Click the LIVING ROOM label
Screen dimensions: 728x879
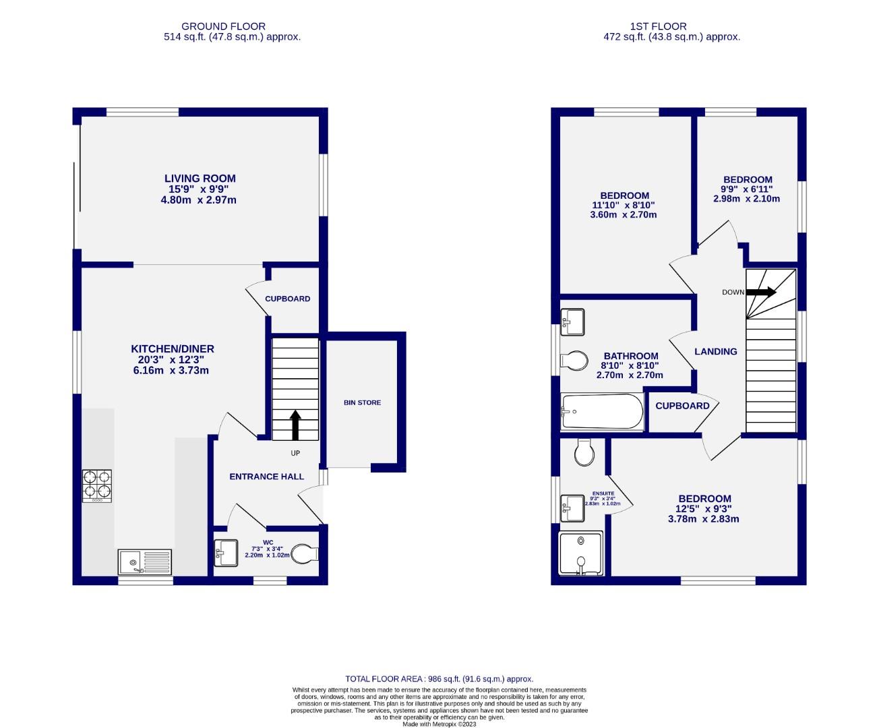pos(200,179)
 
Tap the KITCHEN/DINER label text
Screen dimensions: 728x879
pos(173,348)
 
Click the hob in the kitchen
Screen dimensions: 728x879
pos(97,485)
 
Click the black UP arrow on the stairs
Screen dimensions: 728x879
pos(295,425)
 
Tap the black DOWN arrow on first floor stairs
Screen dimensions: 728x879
pos(761,293)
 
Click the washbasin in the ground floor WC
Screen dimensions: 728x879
pos(225,554)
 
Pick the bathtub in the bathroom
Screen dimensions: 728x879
pos(602,411)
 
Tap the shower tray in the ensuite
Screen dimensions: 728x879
pos(580,554)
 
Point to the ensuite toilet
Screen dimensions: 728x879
pos(584,453)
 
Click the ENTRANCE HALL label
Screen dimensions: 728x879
pos(266,477)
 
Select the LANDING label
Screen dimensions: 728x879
pos(715,351)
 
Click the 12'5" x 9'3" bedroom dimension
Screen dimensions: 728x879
pos(703,509)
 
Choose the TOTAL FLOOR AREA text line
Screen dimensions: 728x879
pos(439,679)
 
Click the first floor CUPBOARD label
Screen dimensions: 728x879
pos(682,406)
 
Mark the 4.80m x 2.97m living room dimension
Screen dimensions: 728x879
pos(200,200)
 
